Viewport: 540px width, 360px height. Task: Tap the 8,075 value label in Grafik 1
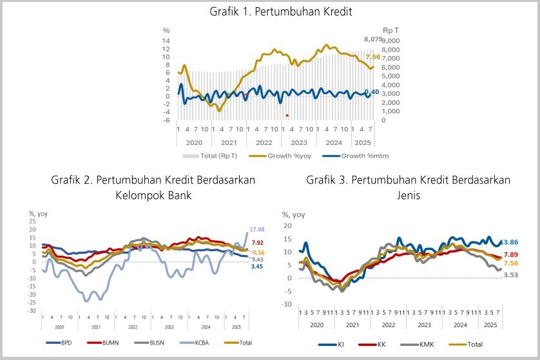click(x=373, y=39)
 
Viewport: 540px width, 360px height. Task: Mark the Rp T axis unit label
click(x=391, y=30)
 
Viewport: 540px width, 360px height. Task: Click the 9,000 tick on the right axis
click(x=391, y=41)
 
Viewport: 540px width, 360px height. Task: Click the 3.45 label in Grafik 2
click(x=256, y=266)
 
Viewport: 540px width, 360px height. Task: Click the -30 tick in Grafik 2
click(x=31, y=311)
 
